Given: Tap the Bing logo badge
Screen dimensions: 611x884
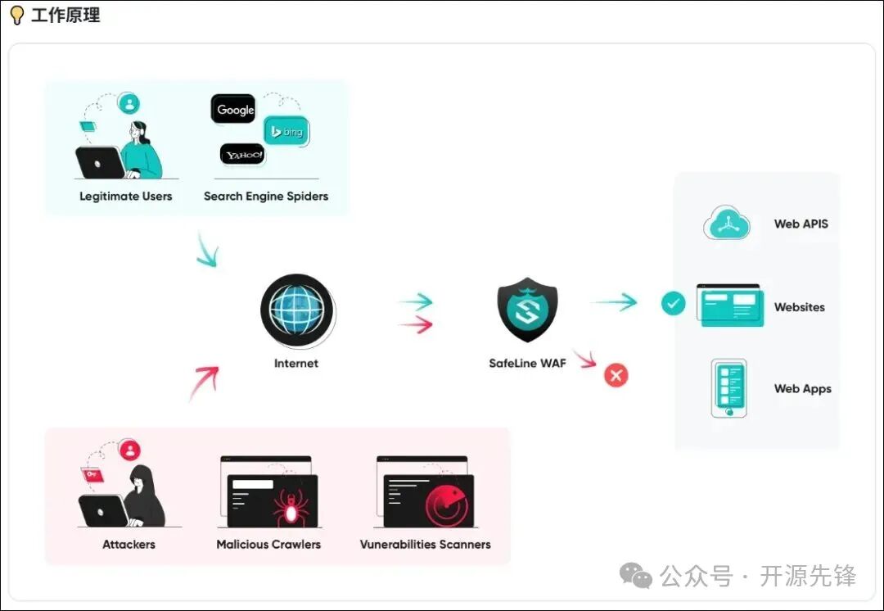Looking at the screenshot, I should (286, 131).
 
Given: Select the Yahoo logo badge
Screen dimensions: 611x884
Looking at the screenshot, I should (242, 154).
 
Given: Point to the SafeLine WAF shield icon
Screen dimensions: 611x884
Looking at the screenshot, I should (527, 310).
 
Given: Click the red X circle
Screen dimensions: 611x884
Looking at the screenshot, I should (616, 375).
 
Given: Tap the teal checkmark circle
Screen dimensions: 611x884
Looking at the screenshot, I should (673, 304).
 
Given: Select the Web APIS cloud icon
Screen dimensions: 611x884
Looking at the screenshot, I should (727, 223).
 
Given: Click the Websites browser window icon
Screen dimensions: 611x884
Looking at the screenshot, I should (730, 305).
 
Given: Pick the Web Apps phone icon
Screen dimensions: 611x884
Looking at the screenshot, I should (728, 388).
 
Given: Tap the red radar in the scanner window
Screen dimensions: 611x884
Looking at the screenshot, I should (447, 507).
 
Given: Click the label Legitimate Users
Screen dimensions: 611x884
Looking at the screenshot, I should (126, 197).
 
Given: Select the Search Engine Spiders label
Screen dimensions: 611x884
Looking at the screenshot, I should (266, 197).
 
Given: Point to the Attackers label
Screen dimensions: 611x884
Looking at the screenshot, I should (129, 545).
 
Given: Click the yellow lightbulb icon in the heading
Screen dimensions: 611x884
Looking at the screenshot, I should (16, 16).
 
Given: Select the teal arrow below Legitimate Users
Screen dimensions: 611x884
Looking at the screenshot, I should (207, 251).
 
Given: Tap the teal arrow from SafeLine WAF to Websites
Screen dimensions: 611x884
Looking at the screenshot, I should (615, 302).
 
